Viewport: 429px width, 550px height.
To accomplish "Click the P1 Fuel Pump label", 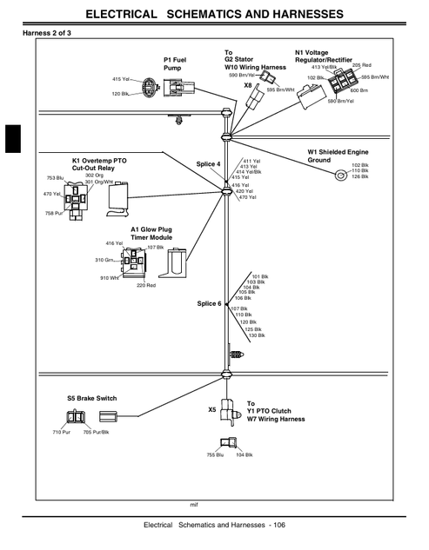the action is pyautogui.click(x=175, y=63).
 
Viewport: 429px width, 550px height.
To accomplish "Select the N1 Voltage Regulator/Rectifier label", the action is pyautogui.click(x=323, y=56).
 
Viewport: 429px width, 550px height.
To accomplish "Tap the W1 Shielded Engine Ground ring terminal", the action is pyautogui.click(x=339, y=175).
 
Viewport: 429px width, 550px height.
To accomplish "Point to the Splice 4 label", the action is pyautogui.click(x=208, y=164).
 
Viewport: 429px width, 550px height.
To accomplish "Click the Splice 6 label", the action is pyautogui.click(x=209, y=303).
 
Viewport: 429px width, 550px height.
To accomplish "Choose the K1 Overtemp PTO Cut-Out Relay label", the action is pyautogui.click(x=99, y=164).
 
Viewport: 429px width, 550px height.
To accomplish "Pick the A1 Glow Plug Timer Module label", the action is pyautogui.click(x=151, y=233).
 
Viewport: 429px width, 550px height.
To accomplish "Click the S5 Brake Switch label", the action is pyautogui.click(x=91, y=398).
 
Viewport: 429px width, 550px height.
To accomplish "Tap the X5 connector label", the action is pyautogui.click(x=211, y=409).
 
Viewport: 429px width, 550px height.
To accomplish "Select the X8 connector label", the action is pyautogui.click(x=248, y=85).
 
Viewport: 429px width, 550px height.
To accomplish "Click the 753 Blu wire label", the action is pyautogui.click(x=55, y=178).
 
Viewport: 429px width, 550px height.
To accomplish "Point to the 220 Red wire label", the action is pyautogui.click(x=146, y=285).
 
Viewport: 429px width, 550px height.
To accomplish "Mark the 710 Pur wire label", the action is pyautogui.click(x=62, y=432).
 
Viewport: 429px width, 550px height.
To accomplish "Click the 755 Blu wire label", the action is pyautogui.click(x=215, y=455).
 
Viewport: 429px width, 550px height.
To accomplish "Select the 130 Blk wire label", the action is pyautogui.click(x=257, y=335).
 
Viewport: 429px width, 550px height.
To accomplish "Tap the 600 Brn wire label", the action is pyautogui.click(x=359, y=90).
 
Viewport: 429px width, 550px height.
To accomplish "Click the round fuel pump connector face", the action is pyautogui.click(x=148, y=87).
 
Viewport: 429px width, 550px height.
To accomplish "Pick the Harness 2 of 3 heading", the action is pyautogui.click(x=47, y=33).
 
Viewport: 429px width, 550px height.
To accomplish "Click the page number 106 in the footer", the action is pyautogui.click(x=279, y=525).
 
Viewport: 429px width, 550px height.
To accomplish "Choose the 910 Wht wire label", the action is pyautogui.click(x=110, y=278).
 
